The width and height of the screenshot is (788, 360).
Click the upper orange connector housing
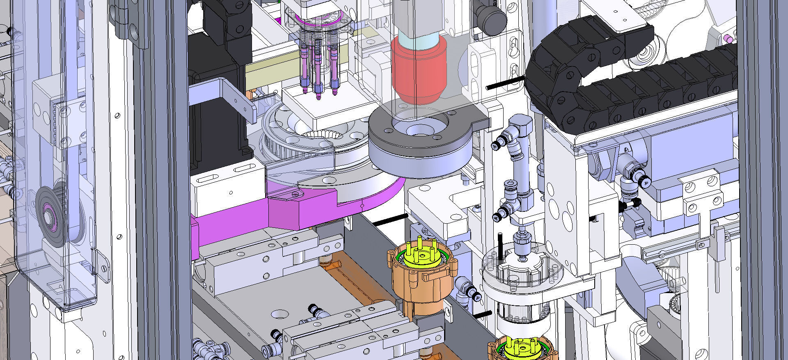point(423,279)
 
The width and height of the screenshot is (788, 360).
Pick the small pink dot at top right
point(728,39)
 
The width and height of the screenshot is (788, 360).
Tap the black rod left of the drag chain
point(505,82)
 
